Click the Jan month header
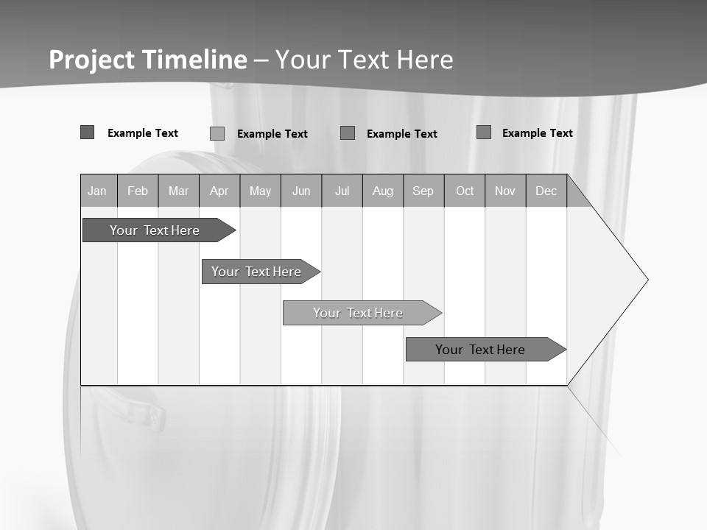(98, 191)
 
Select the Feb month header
(138, 191)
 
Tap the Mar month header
(178, 191)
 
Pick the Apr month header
(219, 191)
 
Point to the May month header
(260, 191)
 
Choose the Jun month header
(301, 191)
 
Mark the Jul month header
(342, 191)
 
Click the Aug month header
(383, 191)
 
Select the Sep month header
(423, 191)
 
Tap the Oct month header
(465, 191)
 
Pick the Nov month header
(505, 191)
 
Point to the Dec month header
(546, 191)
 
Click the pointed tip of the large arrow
(646, 280)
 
